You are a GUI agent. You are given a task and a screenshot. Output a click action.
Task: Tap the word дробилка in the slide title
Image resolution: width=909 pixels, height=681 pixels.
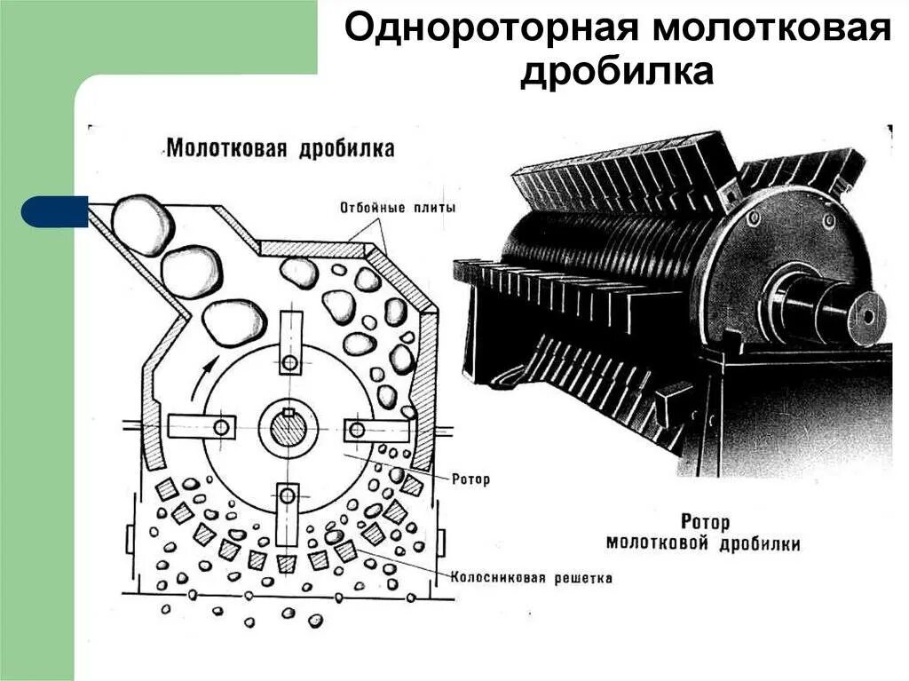click(616, 72)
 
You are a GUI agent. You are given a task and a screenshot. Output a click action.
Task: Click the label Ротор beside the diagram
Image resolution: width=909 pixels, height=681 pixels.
click(470, 479)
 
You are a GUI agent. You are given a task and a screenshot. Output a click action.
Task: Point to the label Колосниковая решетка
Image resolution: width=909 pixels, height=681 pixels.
click(532, 577)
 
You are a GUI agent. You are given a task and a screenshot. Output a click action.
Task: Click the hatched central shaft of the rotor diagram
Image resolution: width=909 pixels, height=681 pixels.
click(287, 430)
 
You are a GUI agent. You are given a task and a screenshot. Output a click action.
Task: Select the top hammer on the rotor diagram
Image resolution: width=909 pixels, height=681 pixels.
click(288, 346)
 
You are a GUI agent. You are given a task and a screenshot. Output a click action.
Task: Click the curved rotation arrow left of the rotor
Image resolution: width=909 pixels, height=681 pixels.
click(200, 376)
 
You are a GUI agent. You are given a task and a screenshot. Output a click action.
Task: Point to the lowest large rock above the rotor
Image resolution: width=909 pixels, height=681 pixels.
click(233, 321)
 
